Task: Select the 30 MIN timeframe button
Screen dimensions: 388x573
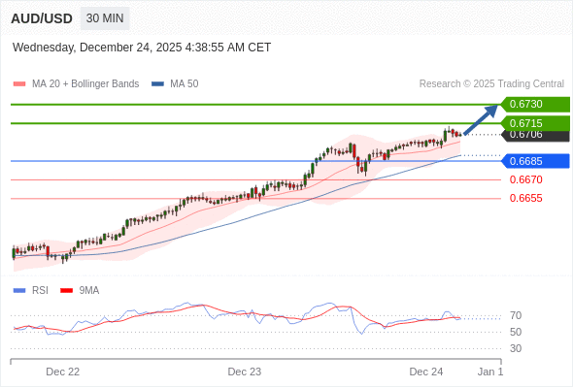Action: [104, 18]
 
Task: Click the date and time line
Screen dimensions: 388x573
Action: [142, 48]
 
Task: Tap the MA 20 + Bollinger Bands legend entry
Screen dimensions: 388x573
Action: [78, 84]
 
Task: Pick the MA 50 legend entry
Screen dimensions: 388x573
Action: [177, 84]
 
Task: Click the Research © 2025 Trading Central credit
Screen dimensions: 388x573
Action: [491, 84]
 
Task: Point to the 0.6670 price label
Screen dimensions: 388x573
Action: [525, 179]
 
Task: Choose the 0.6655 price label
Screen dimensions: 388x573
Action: [525, 198]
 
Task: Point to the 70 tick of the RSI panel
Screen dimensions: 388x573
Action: [516, 315]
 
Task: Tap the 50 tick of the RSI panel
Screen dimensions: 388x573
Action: [516, 332]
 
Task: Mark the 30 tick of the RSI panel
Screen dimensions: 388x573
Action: [516, 348]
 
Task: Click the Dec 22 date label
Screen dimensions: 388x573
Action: [63, 372]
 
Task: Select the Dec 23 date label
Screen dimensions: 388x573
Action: [245, 372]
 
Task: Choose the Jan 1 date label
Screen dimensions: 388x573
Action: [490, 372]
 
